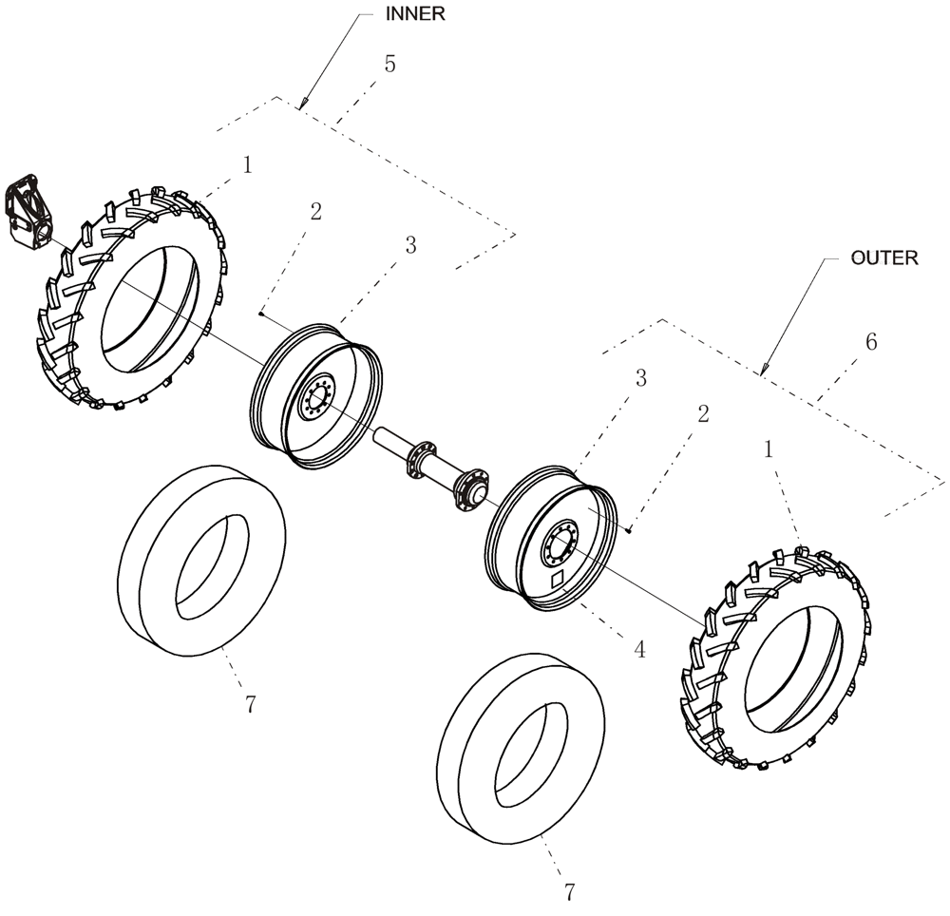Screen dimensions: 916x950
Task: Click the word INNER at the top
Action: click(414, 14)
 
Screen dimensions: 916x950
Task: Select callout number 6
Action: click(872, 342)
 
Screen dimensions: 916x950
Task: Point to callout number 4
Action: click(639, 650)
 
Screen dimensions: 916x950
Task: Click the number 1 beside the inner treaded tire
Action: click(248, 165)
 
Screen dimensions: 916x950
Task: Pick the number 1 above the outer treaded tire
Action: click(769, 449)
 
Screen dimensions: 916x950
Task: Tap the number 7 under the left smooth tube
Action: click(249, 704)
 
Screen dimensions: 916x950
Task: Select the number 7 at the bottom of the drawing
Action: click(569, 892)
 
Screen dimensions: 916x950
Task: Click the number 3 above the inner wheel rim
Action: click(410, 245)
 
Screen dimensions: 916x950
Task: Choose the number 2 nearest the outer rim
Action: click(702, 413)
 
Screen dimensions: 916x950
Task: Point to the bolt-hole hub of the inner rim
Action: click(313, 398)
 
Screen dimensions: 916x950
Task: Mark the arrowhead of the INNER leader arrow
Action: click(303, 105)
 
